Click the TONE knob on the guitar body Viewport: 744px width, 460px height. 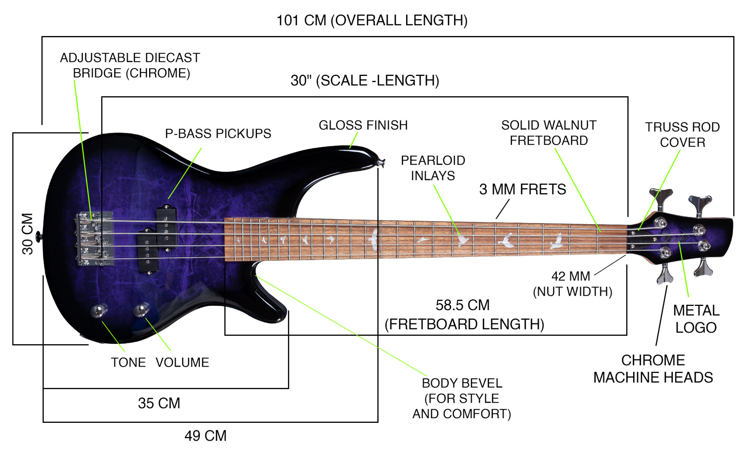click(98, 311)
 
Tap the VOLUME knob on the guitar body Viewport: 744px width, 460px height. click(141, 310)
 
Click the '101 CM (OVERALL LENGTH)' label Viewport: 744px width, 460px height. click(372, 21)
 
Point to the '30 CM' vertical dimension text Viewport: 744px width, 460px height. click(28, 234)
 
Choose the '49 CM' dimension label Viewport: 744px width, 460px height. click(205, 436)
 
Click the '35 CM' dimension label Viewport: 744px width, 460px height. click(159, 403)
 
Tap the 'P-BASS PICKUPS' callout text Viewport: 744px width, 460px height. click(218, 134)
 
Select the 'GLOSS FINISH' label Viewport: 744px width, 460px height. click(363, 125)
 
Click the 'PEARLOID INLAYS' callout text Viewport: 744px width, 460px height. click(433, 168)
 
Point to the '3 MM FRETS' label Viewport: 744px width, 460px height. click(522, 190)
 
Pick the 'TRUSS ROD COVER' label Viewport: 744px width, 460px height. click(682, 135)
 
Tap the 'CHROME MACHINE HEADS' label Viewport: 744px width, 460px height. click(653, 369)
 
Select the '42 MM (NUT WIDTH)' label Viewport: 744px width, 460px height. click(572, 284)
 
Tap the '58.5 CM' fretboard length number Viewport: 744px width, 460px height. click(462, 306)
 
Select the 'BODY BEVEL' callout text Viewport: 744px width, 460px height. click(462, 383)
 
